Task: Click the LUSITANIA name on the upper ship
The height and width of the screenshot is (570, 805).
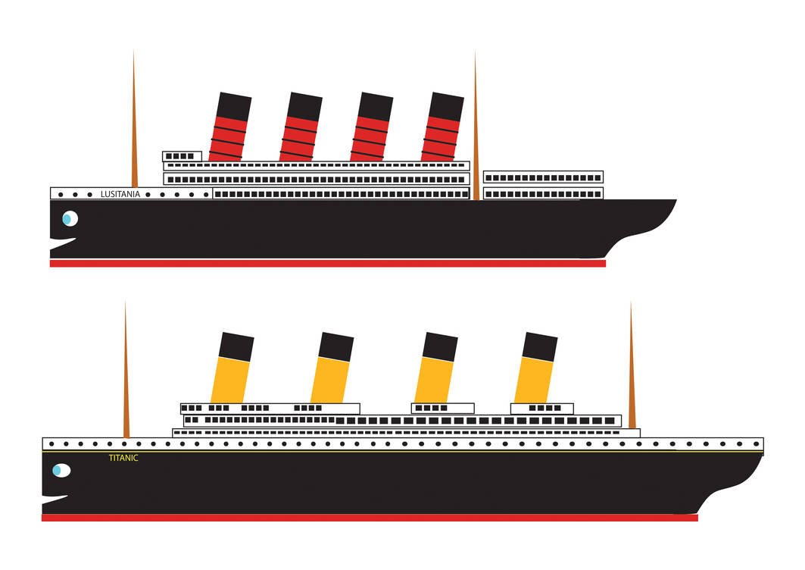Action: click(120, 194)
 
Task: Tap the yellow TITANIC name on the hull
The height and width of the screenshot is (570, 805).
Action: click(123, 458)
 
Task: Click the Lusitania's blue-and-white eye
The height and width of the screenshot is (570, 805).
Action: click(69, 219)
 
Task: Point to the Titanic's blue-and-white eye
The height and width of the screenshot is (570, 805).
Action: click(61, 471)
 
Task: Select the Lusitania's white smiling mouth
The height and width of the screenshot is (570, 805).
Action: click(64, 243)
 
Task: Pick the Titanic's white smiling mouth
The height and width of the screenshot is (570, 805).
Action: click(55, 500)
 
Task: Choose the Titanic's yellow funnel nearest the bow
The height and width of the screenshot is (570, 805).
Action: click(232, 369)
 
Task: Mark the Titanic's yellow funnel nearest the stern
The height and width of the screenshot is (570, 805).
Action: click(536, 369)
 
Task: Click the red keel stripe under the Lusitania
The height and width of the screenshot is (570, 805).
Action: click(327, 264)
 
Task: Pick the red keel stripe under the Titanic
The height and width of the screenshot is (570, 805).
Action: click(370, 518)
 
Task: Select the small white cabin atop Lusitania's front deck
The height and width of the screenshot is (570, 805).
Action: click(182, 156)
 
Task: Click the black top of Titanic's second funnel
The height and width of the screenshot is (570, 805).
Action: click(335, 346)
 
